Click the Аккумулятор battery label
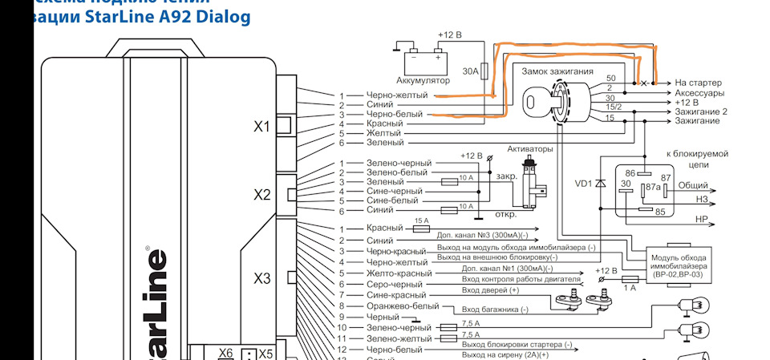coord(423,80)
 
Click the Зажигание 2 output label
coord(700,111)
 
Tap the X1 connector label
coord(261,125)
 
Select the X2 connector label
coord(261,194)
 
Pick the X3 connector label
coord(261,279)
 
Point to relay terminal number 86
coord(630,172)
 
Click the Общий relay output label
coord(693,185)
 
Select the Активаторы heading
coord(530,150)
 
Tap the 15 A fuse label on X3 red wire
coord(422,222)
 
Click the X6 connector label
coord(225,353)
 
